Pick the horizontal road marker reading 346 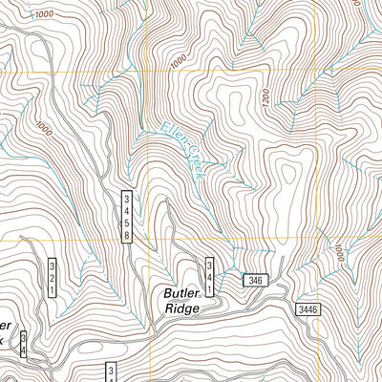coord(254,280)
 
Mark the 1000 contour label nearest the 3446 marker coord(337,250)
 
